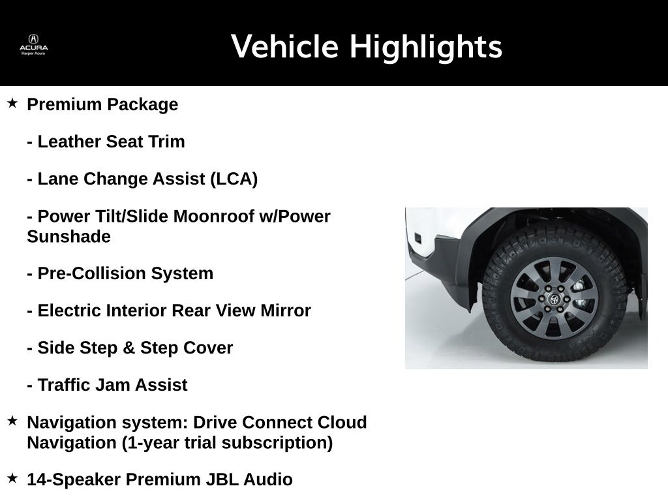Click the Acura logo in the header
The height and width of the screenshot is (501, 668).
(34, 45)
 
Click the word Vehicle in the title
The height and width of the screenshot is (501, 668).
(284, 46)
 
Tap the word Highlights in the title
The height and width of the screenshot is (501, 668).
(426, 47)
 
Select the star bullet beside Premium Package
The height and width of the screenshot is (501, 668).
(12, 102)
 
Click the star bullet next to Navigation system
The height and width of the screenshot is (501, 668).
(12, 421)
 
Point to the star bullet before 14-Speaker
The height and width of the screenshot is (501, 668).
(12, 478)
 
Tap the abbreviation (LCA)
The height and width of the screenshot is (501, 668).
(234, 179)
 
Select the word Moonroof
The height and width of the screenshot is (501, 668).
(214, 217)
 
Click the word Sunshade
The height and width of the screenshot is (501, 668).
(68, 236)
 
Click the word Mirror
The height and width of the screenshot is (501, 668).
(286, 311)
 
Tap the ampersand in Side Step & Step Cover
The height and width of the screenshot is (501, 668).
(129, 348)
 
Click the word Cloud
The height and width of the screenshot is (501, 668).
(342, 423)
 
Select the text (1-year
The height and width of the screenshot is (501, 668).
(148, 443)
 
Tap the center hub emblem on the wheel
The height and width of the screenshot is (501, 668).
(554, 299)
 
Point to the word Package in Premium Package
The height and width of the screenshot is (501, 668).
(143, 105)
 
